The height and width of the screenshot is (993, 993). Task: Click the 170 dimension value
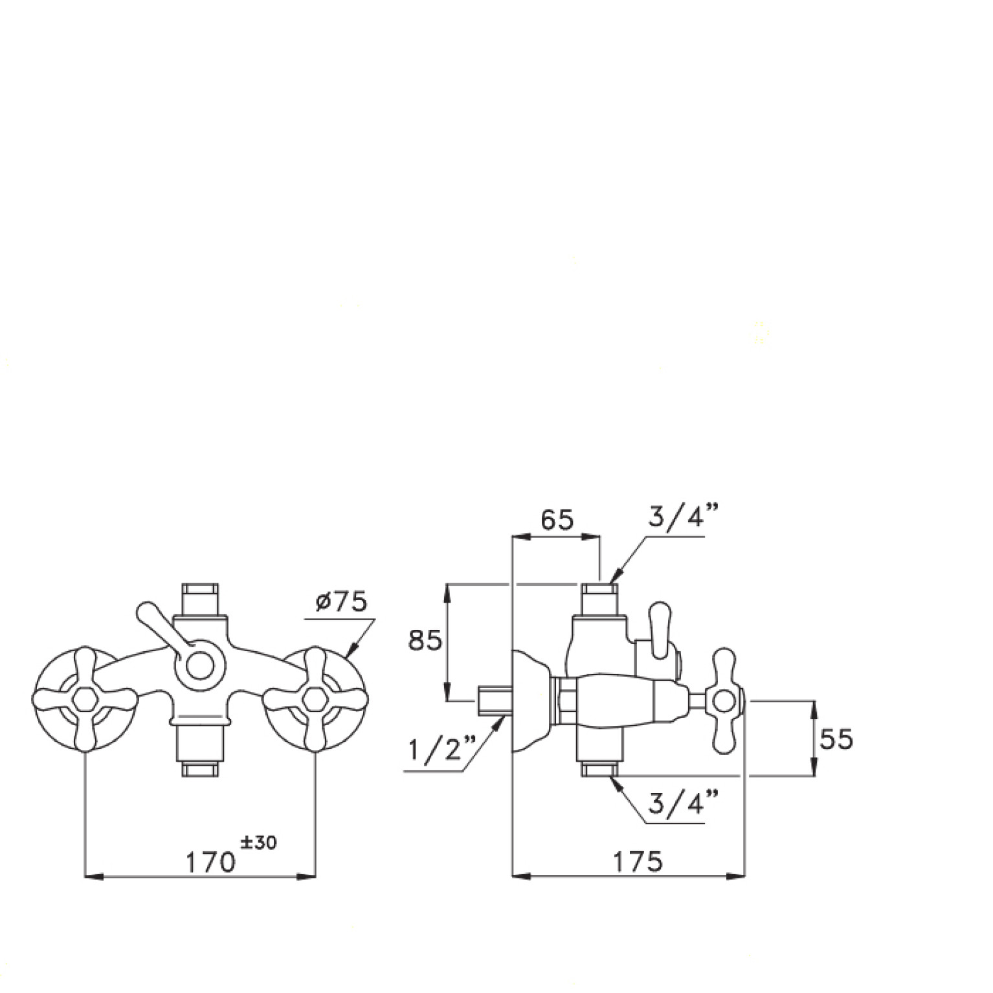pos(210,862)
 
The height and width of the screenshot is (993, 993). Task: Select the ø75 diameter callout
pos(341,602)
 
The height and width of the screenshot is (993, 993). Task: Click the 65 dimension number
pos(557,520)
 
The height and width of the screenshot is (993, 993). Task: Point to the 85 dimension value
pos(425,640)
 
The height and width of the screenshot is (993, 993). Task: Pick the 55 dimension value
pos(836,739)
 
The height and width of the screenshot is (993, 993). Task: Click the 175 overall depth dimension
pos(638,862)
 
